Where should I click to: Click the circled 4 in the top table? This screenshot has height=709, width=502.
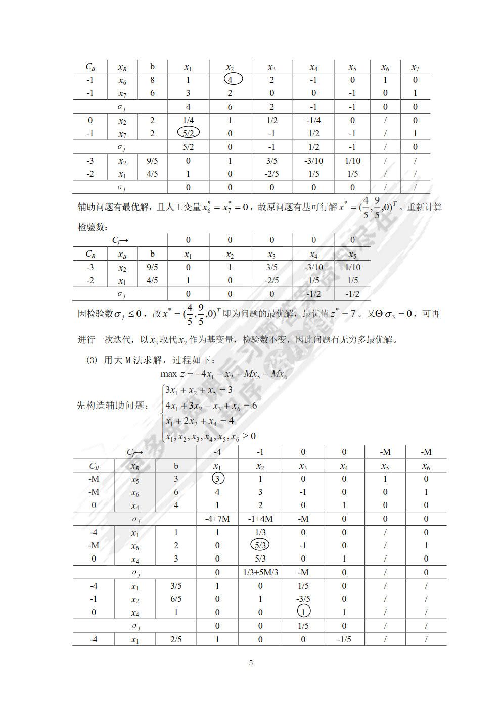click(230, 79)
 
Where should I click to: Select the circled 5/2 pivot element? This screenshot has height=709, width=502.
click(188, 133)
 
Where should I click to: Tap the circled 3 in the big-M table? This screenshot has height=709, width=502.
click(217, 479)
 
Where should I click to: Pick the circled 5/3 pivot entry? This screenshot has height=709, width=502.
click(260, 545)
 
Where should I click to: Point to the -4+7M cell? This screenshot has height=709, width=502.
click(217, 519)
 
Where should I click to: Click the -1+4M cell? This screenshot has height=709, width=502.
click(260, 519)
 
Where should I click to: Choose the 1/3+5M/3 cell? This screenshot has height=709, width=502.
click(260, 572)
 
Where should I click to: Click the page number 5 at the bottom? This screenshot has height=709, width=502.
click(251, 663)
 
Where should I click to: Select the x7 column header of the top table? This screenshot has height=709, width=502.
click(415, 67)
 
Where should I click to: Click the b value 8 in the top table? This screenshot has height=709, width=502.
click(152, 80)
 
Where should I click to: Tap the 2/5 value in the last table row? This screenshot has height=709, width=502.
click(176, 639)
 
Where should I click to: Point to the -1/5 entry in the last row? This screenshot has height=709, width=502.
click(344, 639)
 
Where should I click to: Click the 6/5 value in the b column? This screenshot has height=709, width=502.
click(176, 599)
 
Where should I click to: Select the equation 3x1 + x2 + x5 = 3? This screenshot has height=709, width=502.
click(198, 390)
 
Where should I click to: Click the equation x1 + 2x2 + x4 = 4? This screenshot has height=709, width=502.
click(199, 421)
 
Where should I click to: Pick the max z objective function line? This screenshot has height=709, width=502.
click(223, 374)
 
